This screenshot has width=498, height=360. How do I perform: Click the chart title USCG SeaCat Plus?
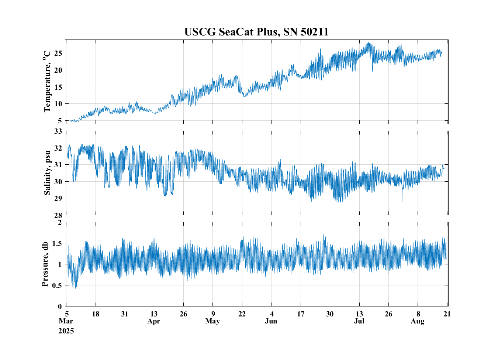[256, 32]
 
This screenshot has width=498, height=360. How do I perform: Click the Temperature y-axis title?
[47, 82]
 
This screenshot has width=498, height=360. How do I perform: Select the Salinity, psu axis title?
[47, 173]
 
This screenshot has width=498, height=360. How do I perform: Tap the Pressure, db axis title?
[45, 264]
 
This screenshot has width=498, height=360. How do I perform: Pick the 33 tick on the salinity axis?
[58, 131]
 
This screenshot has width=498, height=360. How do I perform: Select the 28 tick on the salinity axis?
[58, 215]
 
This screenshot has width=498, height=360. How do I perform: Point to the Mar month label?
[66, 321]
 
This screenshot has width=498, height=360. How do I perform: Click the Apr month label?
[154, 321]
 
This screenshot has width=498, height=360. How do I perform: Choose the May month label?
[212, 321]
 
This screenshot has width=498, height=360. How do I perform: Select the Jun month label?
[271, 321]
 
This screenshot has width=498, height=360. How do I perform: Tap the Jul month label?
[359, 321]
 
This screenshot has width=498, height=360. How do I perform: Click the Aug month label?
[418, 321]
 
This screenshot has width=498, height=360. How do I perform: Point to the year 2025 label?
[66, 331]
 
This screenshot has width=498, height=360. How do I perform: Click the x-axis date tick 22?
[242, 314]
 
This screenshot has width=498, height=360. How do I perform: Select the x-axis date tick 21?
[447, 314]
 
